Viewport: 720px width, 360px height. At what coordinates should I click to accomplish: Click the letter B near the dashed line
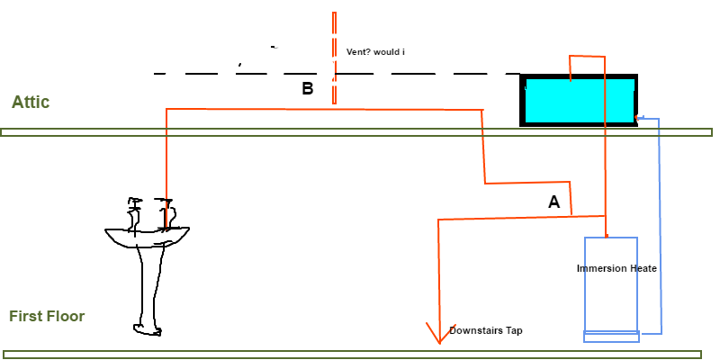tap(307, 88)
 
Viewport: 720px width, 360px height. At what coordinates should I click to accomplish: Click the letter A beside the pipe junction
tap(554, 202)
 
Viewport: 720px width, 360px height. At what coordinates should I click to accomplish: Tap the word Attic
tap(31, 102)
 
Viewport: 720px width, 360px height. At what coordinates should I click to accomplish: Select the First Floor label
tap(47, 316)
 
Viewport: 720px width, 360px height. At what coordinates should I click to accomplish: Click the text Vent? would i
tap(375, 52)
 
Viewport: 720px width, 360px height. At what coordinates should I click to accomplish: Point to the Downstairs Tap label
tap(485, 330)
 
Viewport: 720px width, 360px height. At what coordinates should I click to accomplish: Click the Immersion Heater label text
tap(616, 268)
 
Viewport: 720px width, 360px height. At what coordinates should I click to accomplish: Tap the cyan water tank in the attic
tap(579, 100)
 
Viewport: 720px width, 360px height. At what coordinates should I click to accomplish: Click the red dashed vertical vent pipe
tap(334, 58)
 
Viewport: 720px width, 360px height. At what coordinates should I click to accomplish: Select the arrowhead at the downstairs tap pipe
tap(440, 334)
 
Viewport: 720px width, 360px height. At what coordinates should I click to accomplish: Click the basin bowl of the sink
tap(147, 236)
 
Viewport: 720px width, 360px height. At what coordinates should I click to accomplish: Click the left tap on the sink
tap(134, 214)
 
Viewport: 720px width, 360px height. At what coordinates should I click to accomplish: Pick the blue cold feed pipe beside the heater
tap(660, 225)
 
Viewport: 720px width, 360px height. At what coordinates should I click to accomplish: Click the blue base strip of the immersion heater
tap(611, 336)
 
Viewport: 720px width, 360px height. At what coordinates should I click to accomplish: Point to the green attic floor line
tap(356, 132)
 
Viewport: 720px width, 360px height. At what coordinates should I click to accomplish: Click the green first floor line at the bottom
tap(353, 355)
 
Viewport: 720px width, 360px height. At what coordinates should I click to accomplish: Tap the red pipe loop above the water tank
tap(588, 57)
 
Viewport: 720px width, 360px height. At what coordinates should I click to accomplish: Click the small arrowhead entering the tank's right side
tap(638, 118)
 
